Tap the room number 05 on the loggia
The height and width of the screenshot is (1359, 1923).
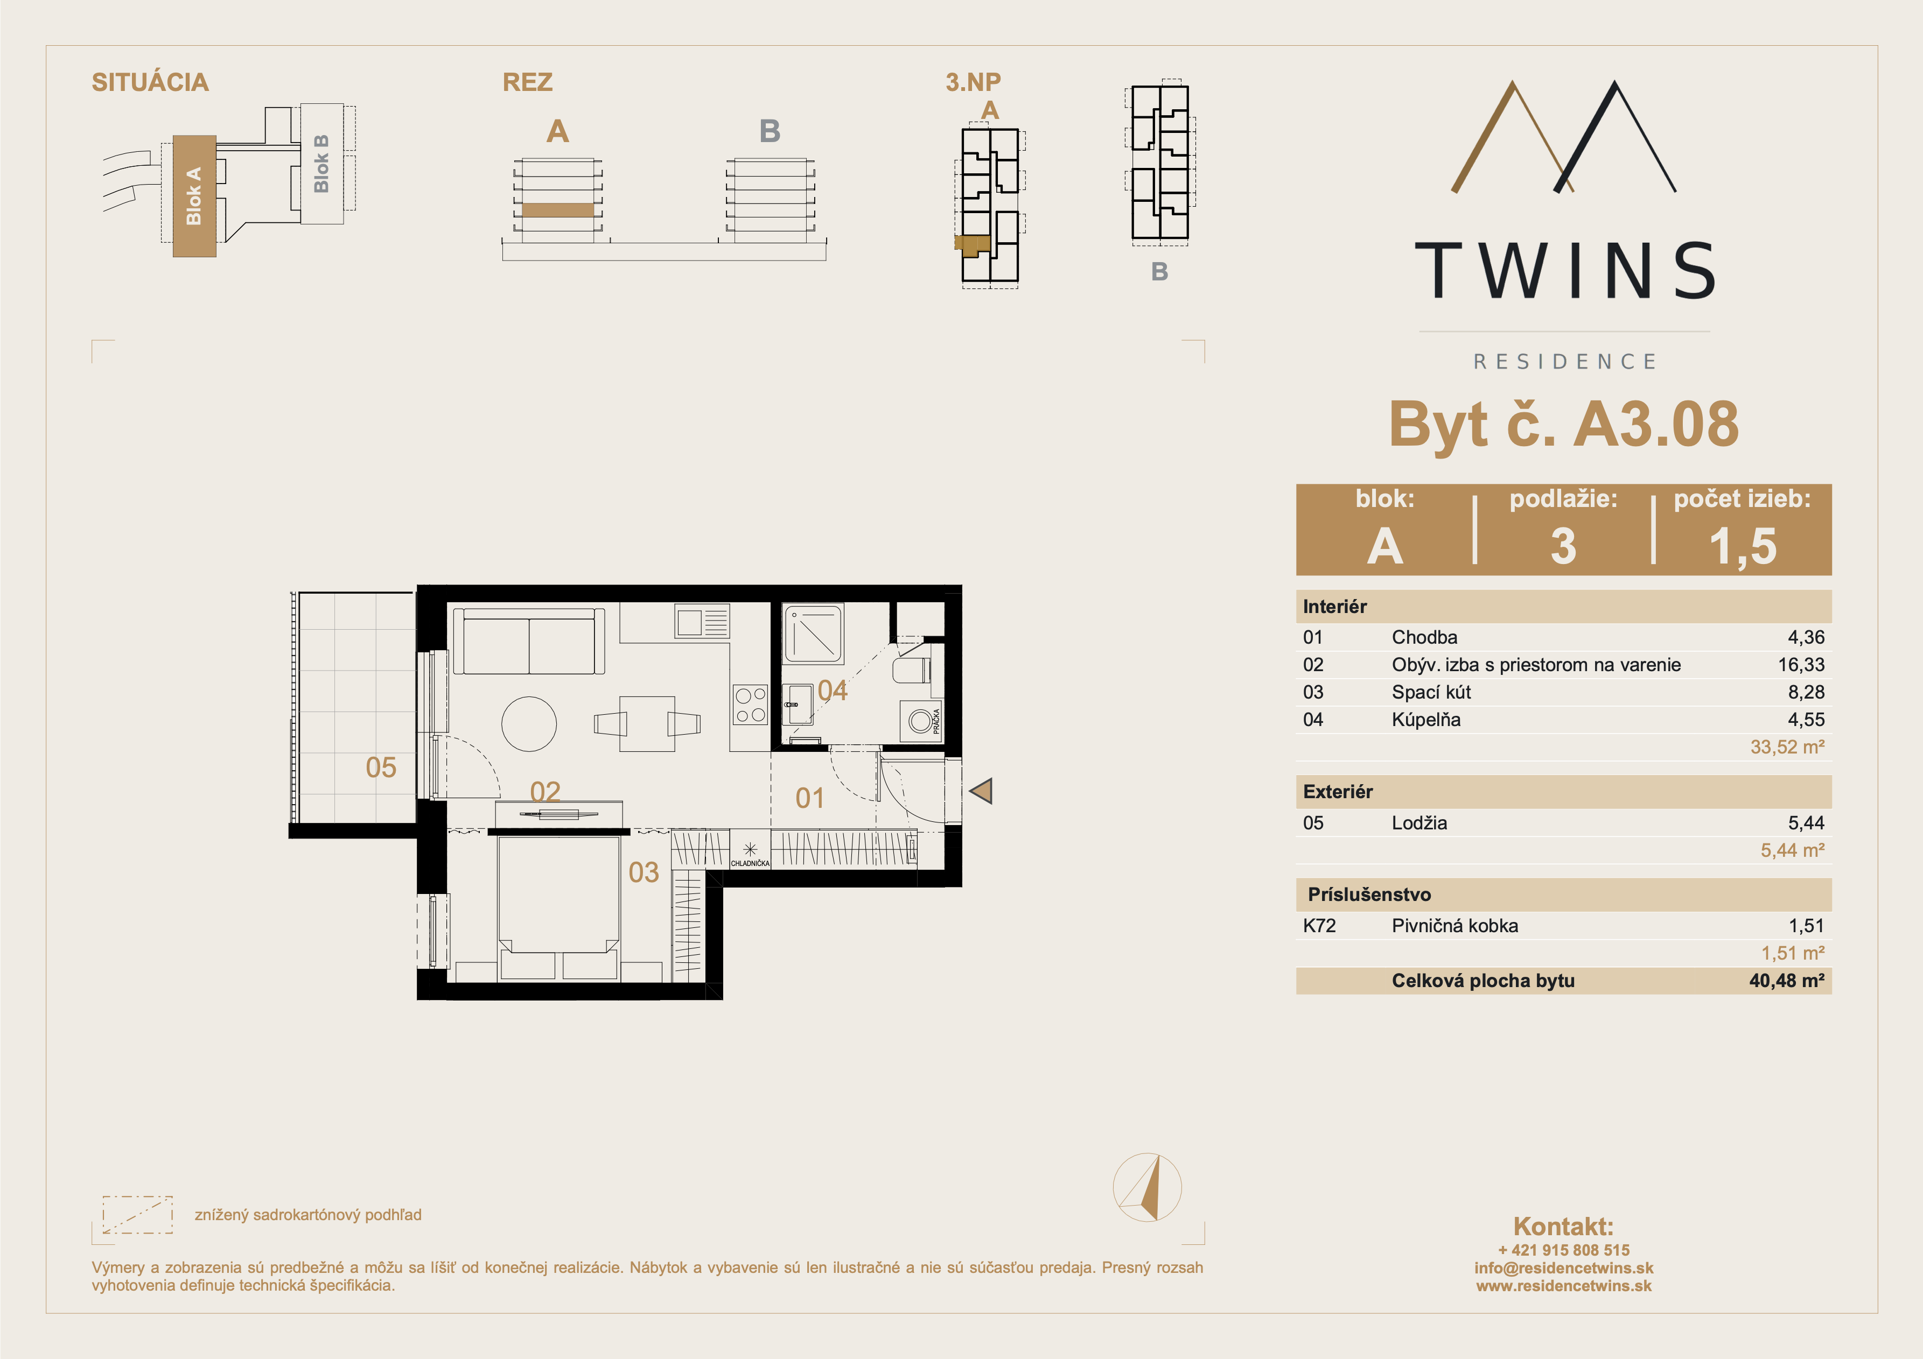381,767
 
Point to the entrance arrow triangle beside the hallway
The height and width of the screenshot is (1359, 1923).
982,791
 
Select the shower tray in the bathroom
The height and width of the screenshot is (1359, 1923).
813,634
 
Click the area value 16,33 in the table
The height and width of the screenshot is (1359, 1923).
1801,665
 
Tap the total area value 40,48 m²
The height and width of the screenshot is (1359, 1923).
1786,981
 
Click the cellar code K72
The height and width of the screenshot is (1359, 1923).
1319,925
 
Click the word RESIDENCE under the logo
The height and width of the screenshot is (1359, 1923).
1564,362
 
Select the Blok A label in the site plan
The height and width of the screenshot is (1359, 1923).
193,196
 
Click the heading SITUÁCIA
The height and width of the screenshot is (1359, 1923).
150,82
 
